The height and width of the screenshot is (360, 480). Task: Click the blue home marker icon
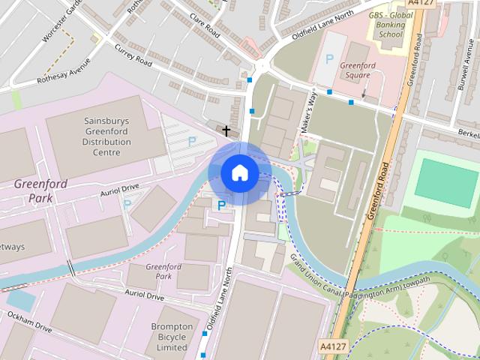tap(239, 173)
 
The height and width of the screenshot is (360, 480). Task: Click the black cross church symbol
tap(226, 131)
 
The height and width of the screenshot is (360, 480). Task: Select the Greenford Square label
tap(358, 70)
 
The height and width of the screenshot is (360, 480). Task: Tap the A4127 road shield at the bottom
tap(333, 346)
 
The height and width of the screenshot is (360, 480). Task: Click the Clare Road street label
tap(204, 26)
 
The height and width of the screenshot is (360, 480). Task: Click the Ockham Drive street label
tap(30, 323)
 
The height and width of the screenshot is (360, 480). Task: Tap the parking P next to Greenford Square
tap(328, 58)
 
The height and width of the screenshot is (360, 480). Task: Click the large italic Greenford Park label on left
tap(40, 190)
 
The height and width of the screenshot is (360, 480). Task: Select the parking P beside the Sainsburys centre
tap(192, 141)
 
